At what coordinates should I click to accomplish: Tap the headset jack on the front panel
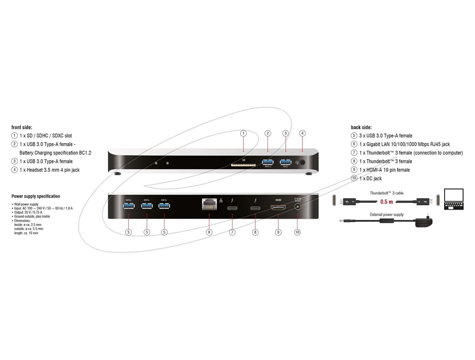[x=303, y=163]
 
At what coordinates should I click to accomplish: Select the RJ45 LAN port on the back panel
[x=209, y=204]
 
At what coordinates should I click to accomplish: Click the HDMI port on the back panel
[x=278, y=207]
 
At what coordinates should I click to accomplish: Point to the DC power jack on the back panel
[x=298, y=207]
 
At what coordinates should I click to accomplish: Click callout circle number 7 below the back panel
[x=232, y=232]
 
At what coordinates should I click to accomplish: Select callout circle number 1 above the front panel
[x=243, y=133]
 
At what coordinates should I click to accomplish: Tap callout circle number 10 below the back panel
[x=297, y=232]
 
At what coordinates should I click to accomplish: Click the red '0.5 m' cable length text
[x=386, y=202]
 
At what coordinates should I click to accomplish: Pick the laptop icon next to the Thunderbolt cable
[x=454, y=199]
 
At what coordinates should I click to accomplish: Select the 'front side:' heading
[x=22, y=127]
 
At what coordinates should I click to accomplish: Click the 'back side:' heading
[x=361, y=127]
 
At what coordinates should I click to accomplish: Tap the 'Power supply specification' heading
[x=36, y=196]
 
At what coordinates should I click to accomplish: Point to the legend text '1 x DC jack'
[x=370, y=178]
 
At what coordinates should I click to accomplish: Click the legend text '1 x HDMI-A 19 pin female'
[x=384, y=170]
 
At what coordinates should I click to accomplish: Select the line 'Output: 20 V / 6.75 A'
[x=28, y=212]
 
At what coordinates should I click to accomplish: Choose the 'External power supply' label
[x=387, y=214]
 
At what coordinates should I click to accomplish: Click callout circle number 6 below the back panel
[x=209, y=232]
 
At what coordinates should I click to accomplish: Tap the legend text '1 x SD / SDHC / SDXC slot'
[x=45, y=136]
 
